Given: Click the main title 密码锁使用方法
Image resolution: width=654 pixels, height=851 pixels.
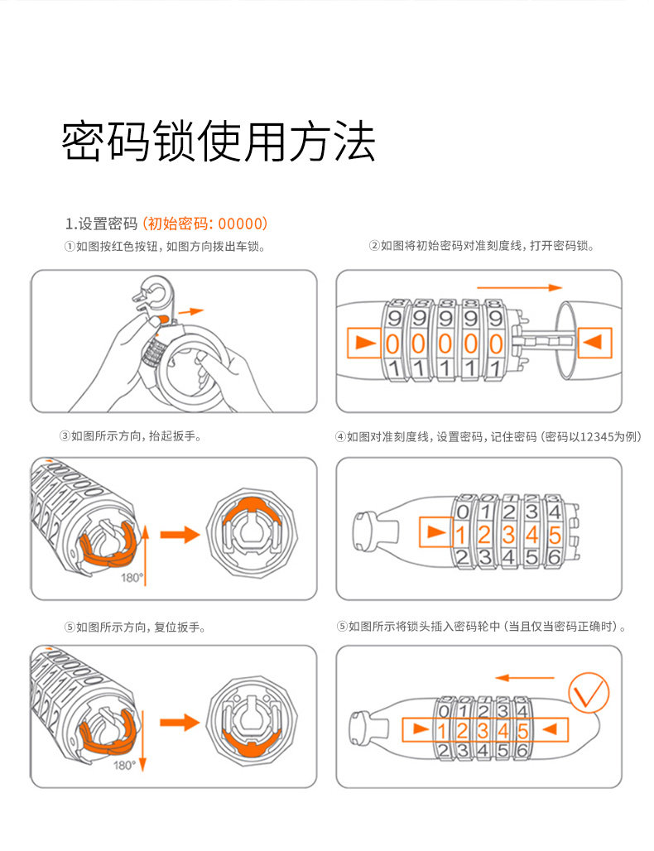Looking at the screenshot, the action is click(x=219, y=142).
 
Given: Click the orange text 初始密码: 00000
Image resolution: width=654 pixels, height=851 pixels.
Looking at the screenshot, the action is click(x=204, y=224).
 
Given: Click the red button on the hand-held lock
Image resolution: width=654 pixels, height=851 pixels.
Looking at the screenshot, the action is click(x=162, y=319).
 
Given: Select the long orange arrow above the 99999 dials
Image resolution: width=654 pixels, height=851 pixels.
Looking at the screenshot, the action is click(x=530, y=287).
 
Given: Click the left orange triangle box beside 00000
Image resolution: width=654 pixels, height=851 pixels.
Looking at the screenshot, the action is click(x=362, y=343).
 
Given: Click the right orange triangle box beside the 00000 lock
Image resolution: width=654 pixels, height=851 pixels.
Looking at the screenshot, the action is click(x=593, y=343).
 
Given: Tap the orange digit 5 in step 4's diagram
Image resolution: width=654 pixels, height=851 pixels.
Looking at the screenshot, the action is click(x=554, y=534).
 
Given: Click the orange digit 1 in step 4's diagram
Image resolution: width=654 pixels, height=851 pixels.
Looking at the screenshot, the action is click(x=461, y=534).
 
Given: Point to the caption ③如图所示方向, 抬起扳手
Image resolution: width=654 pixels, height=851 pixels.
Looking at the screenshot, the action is click(x=131, y=435).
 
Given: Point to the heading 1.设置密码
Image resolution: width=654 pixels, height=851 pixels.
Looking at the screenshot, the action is click(x=101, y=224).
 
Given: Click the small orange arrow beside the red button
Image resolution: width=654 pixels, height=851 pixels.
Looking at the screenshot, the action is click(x=190, y=312).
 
